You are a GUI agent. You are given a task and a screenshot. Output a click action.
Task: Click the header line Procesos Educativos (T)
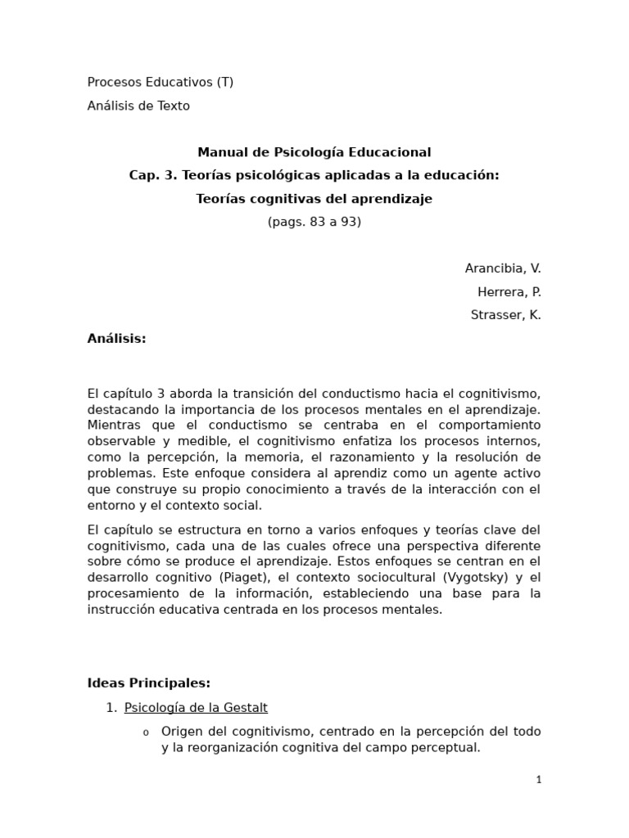[x=161, y=82]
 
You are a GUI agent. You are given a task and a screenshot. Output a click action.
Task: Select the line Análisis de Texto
[x=138, y=106]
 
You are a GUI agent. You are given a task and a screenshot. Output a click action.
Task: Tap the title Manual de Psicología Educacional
[x=314, y=152]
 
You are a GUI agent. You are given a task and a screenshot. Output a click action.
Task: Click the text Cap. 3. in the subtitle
[x=153, y=175]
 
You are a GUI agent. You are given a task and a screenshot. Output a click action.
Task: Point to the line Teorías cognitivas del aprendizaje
[x=314, y=199]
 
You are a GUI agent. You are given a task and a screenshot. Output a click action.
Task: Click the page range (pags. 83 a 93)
[x=314, y=222]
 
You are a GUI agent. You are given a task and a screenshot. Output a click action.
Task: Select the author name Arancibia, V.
[x=502, y=268]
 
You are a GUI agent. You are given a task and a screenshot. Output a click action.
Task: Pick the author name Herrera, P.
[x=509, y=292]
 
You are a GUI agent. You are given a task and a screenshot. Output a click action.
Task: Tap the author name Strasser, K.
[x=505, y=315]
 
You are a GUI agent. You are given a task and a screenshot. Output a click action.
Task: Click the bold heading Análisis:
[x=116, y=339]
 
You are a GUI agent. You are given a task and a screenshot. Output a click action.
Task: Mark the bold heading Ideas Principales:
[x=148, y=683]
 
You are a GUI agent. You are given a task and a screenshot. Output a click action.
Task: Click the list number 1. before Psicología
[x=111, y=708]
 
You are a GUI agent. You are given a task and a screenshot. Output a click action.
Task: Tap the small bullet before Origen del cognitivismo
[x=146, y=732]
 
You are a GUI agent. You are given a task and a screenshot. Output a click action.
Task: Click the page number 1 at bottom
[x=538, y=781]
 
